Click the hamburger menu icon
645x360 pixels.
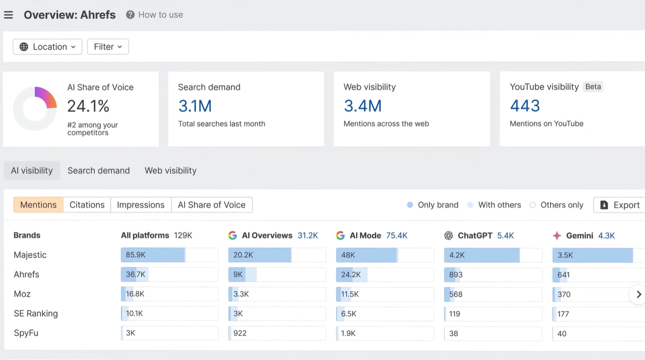[8, 14]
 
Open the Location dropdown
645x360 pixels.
[48, 47]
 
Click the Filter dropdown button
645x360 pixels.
[108, 47]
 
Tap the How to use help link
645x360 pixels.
[154, 14]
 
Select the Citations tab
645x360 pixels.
[87, 205]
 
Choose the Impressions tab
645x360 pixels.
[141, 205]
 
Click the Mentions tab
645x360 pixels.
[39, 205]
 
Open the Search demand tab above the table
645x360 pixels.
[99, 171]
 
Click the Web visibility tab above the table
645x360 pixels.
[171, 171]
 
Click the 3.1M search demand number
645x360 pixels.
[195, 106]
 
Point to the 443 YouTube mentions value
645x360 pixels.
[525, 106]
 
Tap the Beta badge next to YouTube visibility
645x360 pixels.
[593, 87]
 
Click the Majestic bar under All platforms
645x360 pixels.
[170, 255]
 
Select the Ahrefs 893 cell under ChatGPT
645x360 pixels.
[493, 275]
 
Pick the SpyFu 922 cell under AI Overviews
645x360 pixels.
[277, 333]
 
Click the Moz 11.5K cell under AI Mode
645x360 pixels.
[385, 294]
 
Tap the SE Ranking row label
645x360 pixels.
[36, 313]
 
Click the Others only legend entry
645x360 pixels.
[556, 205]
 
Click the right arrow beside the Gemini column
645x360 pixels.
[639, 294]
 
